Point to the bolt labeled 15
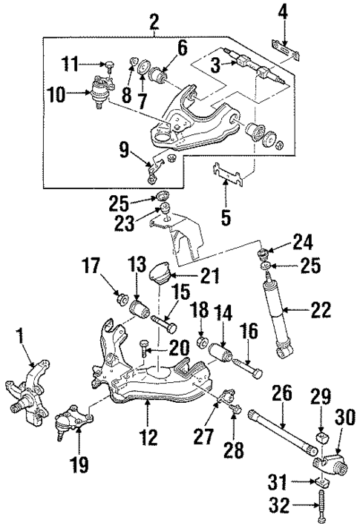[164, 324]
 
